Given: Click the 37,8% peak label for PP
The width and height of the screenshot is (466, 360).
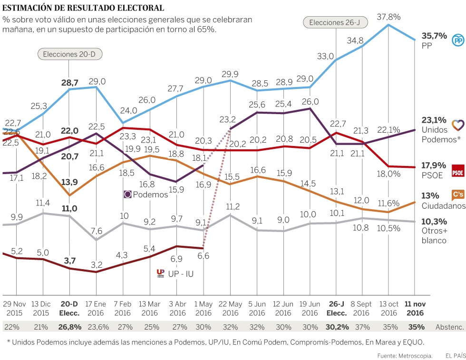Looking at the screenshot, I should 388,17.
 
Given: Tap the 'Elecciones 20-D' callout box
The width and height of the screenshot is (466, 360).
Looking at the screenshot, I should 69,54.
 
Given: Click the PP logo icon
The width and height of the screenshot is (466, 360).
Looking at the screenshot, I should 457,41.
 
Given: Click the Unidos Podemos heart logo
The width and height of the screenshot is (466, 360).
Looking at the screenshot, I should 457,126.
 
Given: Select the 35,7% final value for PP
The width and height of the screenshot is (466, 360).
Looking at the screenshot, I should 434,36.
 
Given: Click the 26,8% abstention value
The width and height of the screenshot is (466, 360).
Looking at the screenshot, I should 69,327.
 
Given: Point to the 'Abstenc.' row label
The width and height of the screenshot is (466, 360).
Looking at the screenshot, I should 449,327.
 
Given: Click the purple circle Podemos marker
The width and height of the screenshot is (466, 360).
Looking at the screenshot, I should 127,194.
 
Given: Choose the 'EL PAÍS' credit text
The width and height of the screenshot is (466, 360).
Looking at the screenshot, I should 455,355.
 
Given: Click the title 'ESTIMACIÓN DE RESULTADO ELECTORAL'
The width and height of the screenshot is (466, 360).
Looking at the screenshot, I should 84,8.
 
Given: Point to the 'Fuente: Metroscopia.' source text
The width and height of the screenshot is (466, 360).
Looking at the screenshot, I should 405,355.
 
